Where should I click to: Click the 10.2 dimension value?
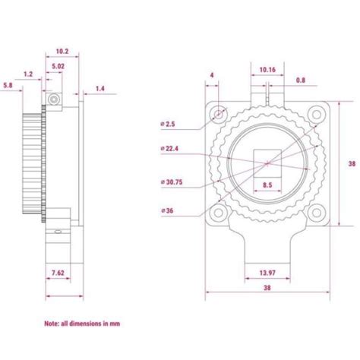pos(62,52)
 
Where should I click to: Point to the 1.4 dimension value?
pos(99,89)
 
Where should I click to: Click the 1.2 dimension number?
pos(28,74)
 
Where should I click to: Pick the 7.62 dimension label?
pos(56,272)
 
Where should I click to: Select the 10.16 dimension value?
pos(267,69)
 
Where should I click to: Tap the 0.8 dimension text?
pos(301,79)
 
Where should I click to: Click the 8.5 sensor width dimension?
pos(268,185)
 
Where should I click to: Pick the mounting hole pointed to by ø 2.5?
pos(219,113)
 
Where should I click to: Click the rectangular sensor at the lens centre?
pos(267,162)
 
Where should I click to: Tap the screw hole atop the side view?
pos(52,100)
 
